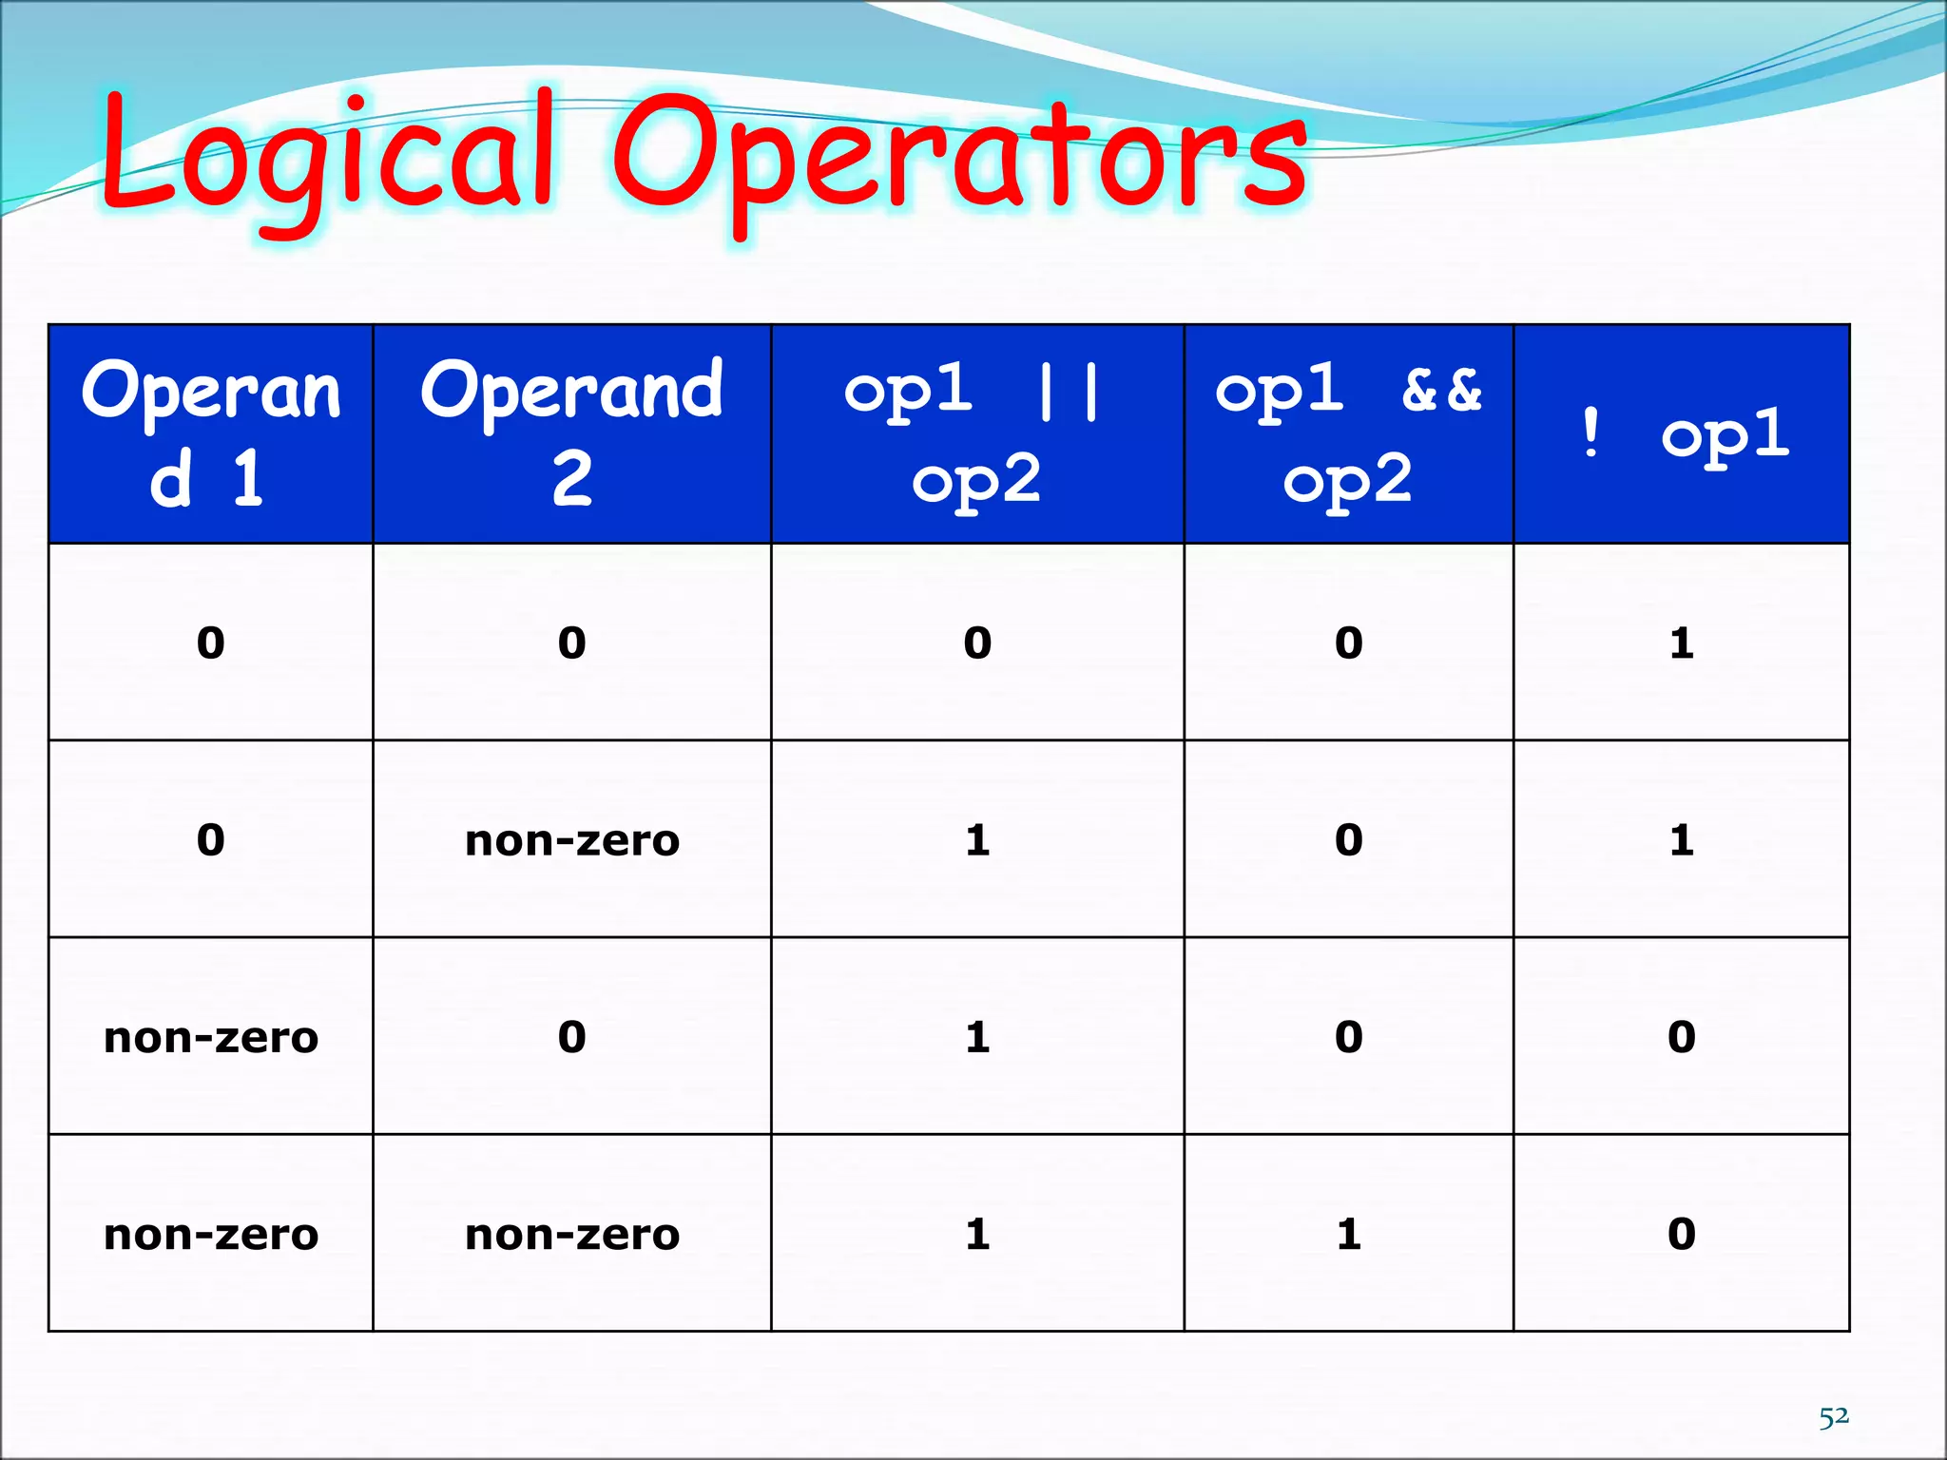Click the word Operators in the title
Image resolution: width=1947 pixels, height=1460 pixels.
960,157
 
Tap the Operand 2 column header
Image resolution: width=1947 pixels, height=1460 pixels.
571,433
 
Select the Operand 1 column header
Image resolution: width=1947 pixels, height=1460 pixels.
210,433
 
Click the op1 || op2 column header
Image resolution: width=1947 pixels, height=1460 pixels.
976,433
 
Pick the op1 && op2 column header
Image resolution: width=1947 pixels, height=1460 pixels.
1348,433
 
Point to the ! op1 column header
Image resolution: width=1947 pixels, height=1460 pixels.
1681,433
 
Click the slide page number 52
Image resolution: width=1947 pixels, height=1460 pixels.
1834,1416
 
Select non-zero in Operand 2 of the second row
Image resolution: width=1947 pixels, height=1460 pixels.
571,840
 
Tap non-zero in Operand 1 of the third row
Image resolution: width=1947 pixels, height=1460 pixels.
210,1037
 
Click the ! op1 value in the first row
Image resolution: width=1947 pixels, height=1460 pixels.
1681,644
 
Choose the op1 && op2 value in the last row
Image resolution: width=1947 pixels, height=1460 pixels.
1348,1234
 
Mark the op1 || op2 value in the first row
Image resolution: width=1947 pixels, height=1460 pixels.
976,644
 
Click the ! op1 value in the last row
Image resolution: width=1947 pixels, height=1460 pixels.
1681,1234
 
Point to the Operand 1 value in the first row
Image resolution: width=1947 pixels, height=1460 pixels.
210,644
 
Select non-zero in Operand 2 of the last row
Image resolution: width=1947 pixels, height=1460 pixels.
571,1234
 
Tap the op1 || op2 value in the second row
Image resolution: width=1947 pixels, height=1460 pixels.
976,840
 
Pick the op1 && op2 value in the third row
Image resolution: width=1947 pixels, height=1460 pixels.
1348,1037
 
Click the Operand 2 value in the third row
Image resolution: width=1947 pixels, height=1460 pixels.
571,1037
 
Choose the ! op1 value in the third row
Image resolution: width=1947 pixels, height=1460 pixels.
1681,1037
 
